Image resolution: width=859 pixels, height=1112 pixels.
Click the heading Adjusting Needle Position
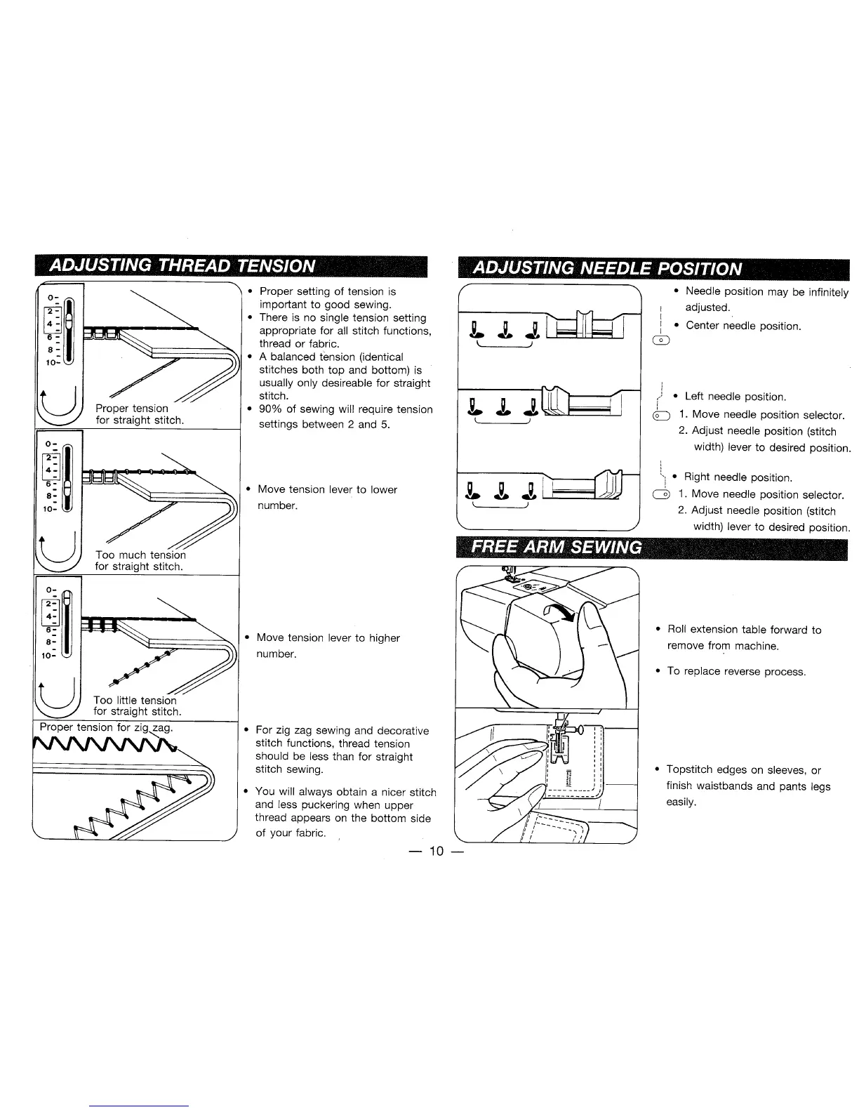point(607,268)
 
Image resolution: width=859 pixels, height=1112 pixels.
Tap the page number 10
point(437,852)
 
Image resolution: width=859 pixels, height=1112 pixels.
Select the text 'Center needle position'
point(743,326)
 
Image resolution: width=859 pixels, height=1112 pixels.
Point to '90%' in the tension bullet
point(272,409)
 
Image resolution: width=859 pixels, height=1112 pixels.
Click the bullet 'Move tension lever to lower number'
point(327,497)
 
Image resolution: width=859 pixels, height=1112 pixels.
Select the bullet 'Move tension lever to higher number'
point(328,645)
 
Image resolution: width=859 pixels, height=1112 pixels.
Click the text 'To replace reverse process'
point(736,671)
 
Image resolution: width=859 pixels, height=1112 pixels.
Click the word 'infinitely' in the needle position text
point(828,292)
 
